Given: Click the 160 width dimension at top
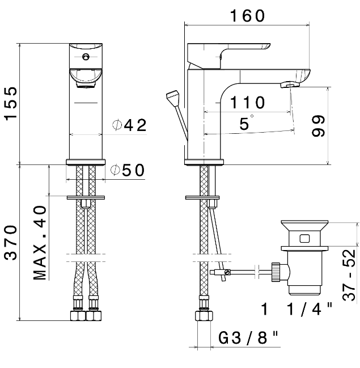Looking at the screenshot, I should (247, 16).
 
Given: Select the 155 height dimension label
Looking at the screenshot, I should (12, 104).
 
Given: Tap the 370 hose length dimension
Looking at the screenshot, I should (12, 242).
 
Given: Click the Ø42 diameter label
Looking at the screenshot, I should (129, 126).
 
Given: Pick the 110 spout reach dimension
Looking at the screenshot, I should (248, 103).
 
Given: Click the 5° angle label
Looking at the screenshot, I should (245, 124).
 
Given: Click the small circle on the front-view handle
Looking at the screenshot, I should (86, 57).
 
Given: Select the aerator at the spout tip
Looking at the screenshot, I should (290, 84).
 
